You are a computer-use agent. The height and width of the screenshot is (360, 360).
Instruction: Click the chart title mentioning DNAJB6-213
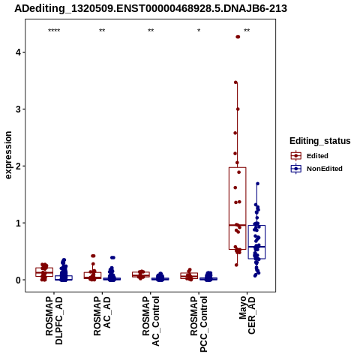coord(151,8)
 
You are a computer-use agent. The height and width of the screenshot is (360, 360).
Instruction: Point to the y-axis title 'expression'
coord(8,155)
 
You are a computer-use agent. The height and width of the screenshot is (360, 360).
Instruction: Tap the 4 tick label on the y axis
coord(18,52)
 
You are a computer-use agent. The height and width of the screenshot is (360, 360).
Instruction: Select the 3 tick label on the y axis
coord(18,109)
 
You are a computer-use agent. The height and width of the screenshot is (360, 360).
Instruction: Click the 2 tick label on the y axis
coord(18,166)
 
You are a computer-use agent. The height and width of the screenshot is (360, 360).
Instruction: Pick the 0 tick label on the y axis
coord(18,280)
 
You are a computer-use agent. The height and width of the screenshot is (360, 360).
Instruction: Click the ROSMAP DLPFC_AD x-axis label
coord(54,321)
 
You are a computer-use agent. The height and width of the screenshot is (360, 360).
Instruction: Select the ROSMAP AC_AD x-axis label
coord(102,316)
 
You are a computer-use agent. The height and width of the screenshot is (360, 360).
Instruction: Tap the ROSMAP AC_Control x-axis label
coord(151,321)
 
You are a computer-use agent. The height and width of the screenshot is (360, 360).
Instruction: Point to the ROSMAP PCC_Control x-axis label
coord(199,324)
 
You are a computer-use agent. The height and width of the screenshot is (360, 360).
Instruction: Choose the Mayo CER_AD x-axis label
coord(247,315)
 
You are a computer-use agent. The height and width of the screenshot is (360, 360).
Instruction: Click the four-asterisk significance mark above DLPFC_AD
coord(54,31)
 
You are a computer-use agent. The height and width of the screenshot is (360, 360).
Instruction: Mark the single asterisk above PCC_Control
coord(199,31)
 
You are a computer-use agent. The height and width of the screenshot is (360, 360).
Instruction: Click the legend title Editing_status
coord(320,141)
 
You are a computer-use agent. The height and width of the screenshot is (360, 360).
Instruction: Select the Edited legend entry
coord(310,156)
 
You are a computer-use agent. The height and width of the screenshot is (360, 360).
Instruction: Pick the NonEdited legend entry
coord(316,169)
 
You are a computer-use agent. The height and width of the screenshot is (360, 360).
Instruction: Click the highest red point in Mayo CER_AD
coord(238,37)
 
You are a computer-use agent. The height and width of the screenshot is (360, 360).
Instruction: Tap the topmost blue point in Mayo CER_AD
coord(257,184)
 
